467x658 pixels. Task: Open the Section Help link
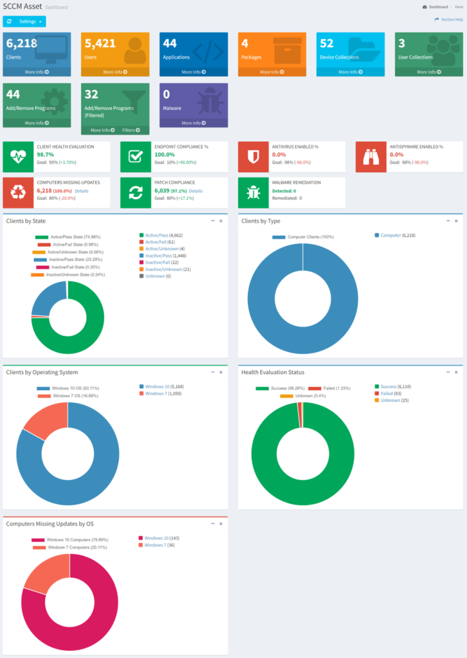click(x=450, y=20)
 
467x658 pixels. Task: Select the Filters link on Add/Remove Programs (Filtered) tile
click(x=130, y=130)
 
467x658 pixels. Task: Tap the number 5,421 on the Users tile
click(x=100, y=43)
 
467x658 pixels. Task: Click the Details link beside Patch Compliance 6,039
click(x=195, y=191)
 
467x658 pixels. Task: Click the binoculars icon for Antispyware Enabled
click(x=371, y=156)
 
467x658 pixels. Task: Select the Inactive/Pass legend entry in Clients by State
click(x=159, y=256)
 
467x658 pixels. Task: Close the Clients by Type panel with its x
click(x=455, y=221)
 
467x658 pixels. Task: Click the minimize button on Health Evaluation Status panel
click(x=447, y=372)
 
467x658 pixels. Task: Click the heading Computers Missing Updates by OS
click(x=50, y=524)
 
